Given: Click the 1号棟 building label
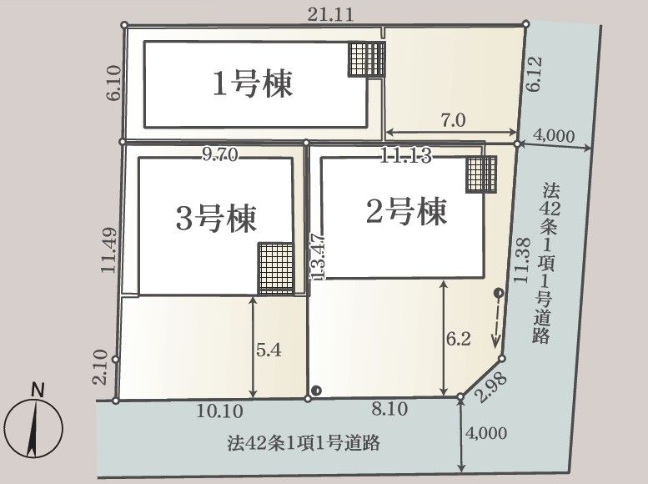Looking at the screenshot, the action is click(x=253, y=84).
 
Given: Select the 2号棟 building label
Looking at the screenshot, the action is click(x=406, y=211).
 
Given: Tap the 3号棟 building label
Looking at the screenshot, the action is click(x=216, y=218).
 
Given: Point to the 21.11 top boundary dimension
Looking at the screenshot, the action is click(x=330, y=15).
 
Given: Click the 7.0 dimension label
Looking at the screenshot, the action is click(x=453, y=120).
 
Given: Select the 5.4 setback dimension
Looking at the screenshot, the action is click(x=269, y=350).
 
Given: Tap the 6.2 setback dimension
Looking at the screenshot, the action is click(x=459, y=339).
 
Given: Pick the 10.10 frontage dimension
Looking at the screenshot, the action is click(x=219, y=411).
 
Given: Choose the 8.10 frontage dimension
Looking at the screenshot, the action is click(x=389, y=409).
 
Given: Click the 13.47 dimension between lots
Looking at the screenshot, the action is click(x=318, y=256).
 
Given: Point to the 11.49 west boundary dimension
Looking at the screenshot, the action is click(x=109, y=250).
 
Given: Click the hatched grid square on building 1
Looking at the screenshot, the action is click(x=367, y=58).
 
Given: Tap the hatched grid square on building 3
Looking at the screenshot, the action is click(x=276, y=269).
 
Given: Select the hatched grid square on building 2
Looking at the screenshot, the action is click(x=481, y=174).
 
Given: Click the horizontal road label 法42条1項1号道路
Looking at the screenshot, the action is click(x=304, y=443).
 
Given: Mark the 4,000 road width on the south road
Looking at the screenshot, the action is click(x=486, y=433).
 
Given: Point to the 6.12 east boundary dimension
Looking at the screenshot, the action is click(x=534, y=74).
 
